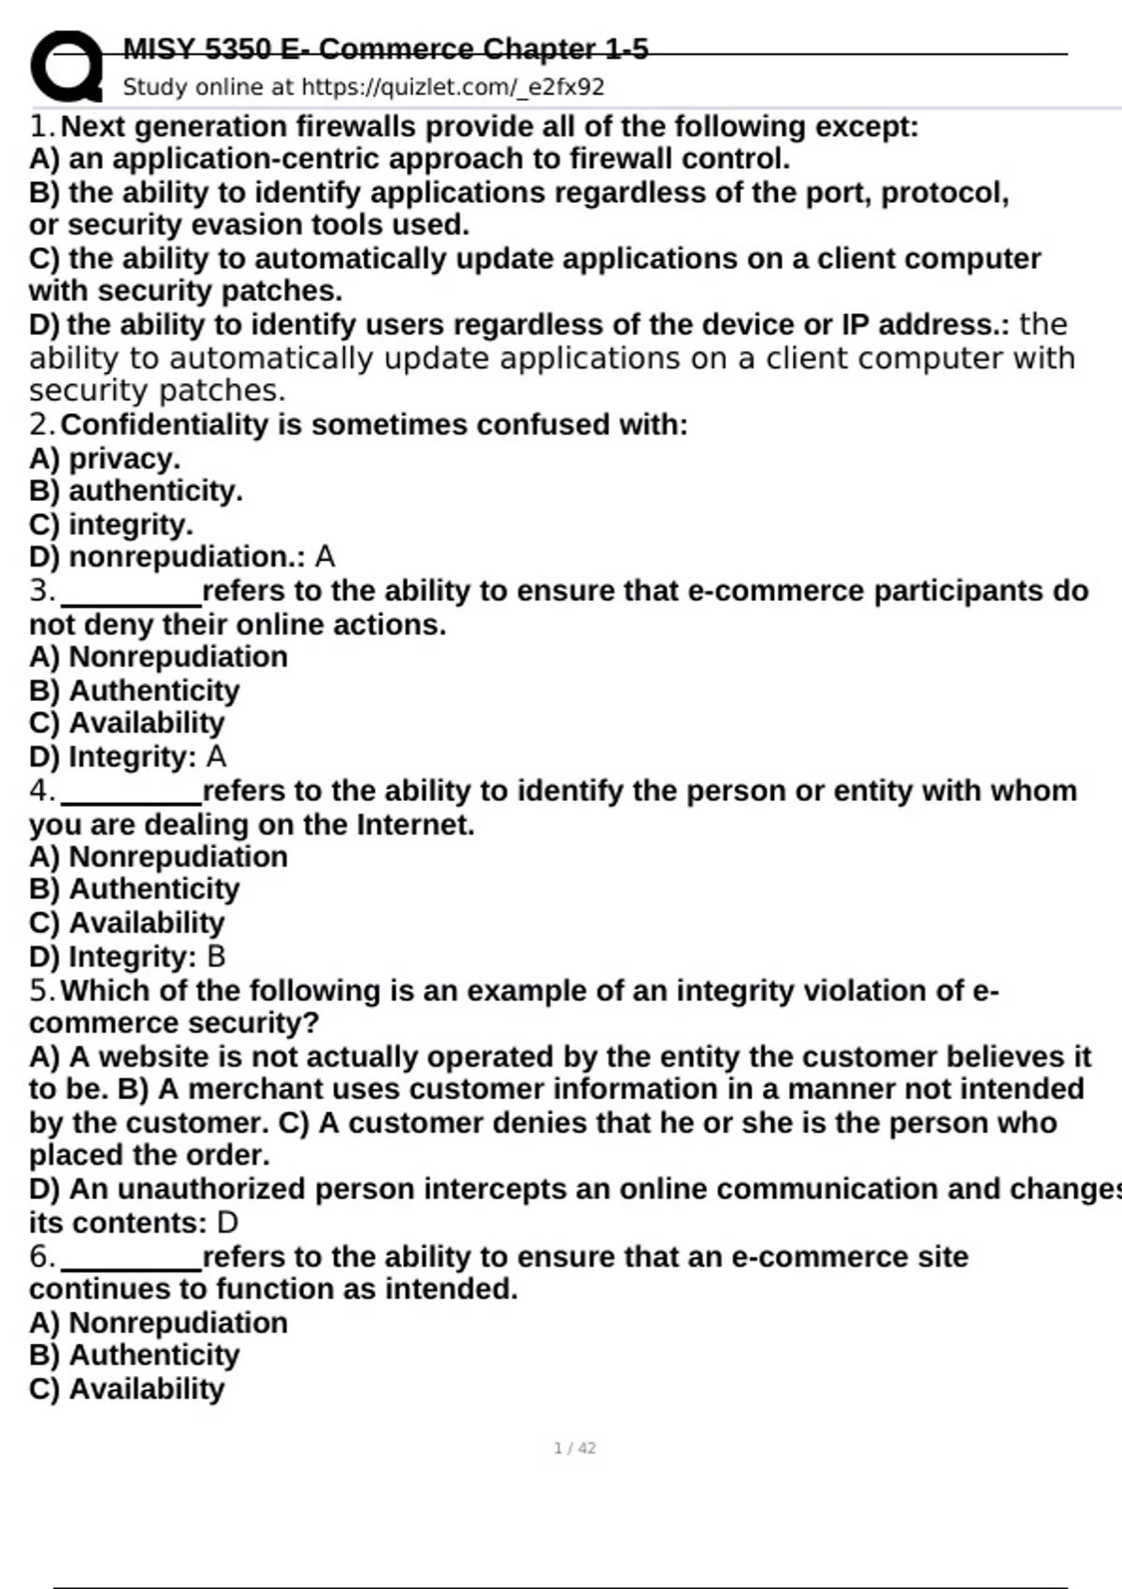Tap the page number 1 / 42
pyautogui.click(x=574, y=1448)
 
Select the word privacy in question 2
pyautogui.click(x=123, y=459)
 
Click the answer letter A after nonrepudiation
pyautogui.click(x=324, y=557)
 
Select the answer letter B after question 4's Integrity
pyautogui.click(x=216, y=956)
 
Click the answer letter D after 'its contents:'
pyautogui.click(x=227, y=1223)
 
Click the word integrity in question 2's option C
pyautogui.click(x=130, y=524)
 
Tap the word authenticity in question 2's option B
pyautogui.click(x=155, y=492)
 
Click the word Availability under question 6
pyautogui.click(x=147, y=1389)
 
